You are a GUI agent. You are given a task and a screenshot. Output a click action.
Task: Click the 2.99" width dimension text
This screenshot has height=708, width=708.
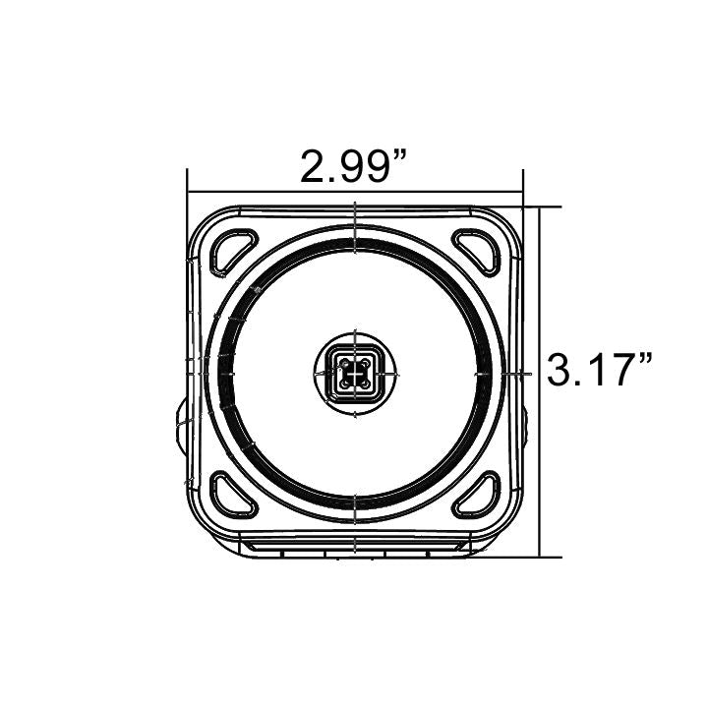355,168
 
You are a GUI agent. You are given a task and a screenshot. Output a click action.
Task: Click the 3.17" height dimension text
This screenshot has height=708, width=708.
601,373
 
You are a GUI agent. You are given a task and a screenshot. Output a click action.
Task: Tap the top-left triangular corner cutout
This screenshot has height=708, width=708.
233,249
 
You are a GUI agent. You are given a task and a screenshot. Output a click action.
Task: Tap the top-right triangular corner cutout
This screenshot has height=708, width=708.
478,249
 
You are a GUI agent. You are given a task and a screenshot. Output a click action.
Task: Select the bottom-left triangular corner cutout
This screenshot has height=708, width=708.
233,495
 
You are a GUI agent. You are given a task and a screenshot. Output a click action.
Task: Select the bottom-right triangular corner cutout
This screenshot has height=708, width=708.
478,495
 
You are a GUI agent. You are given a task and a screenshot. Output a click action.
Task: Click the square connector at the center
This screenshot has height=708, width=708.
355,374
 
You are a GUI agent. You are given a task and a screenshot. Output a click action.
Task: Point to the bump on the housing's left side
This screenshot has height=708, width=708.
181,424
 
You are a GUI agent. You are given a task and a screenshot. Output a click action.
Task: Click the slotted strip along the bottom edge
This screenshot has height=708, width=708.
355,546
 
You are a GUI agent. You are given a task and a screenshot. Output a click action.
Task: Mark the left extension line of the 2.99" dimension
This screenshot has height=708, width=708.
188,187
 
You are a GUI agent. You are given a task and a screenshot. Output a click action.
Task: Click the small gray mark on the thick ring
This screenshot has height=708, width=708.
257,290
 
